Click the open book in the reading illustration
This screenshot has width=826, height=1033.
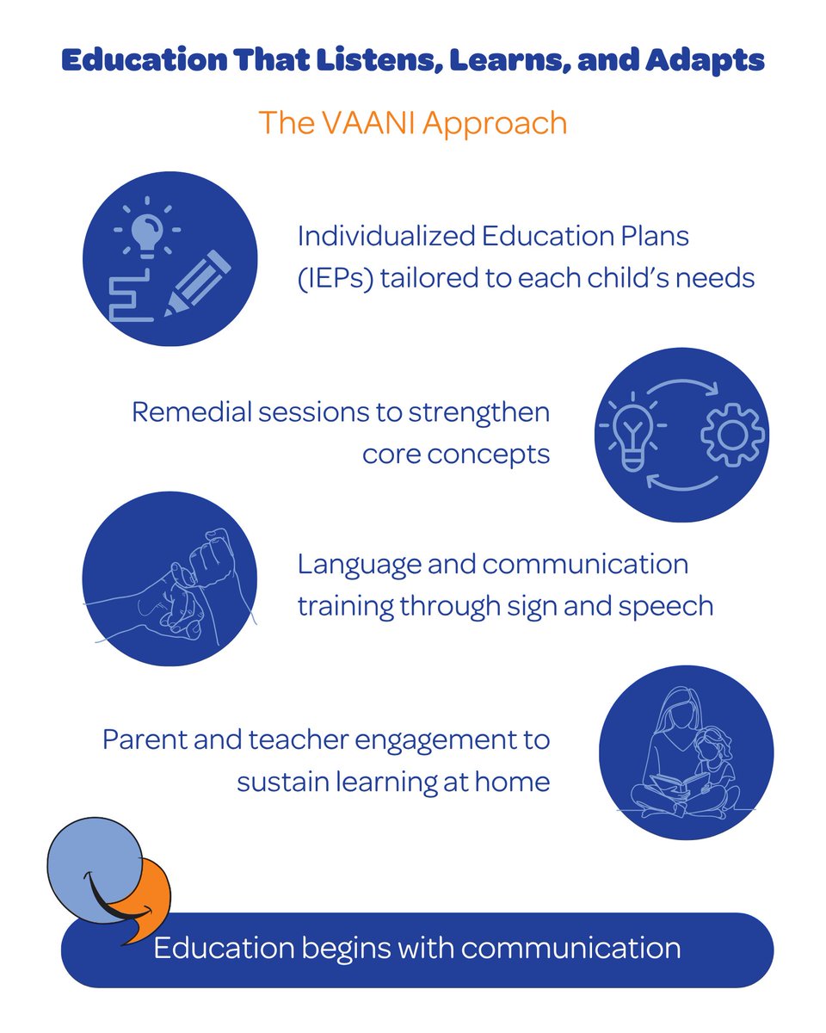(680, 784)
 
